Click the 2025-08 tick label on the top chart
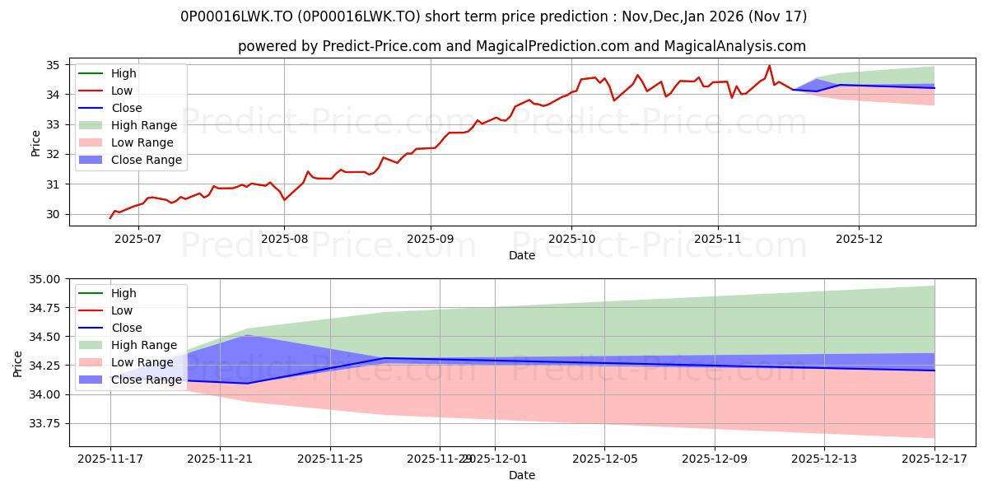point(284,238)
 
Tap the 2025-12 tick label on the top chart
point(859,238)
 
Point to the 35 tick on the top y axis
point(52,65)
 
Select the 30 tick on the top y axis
point(52,214)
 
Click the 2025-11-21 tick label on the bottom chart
point(221,458)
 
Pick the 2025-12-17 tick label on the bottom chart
point(934,458)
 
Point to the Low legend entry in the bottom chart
point(123,310)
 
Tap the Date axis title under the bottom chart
point(521,475)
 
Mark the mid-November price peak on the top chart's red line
point(770,66)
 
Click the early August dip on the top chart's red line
point(285,200)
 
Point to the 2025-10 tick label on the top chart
point(571,238)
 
